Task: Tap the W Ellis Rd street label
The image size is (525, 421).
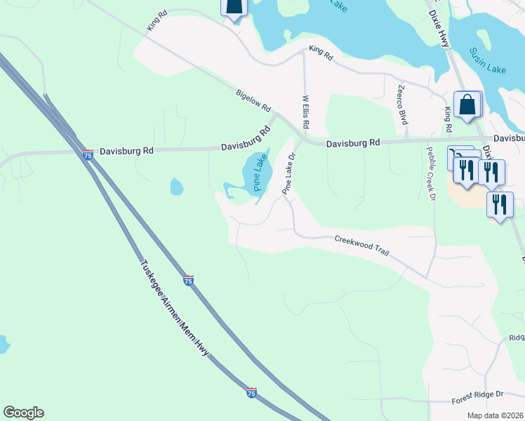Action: pos(306,112)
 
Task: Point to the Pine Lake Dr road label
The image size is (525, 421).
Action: pos(288,175)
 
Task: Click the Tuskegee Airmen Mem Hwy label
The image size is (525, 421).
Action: pos(174,319)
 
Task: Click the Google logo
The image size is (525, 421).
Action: pos(23,413)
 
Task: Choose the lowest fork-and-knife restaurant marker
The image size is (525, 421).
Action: pos(499,204)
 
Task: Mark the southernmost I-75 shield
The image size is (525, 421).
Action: pos(251,392)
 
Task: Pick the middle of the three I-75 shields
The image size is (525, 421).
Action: pos(188,280)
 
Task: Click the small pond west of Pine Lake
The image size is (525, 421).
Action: pos(176,187)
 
